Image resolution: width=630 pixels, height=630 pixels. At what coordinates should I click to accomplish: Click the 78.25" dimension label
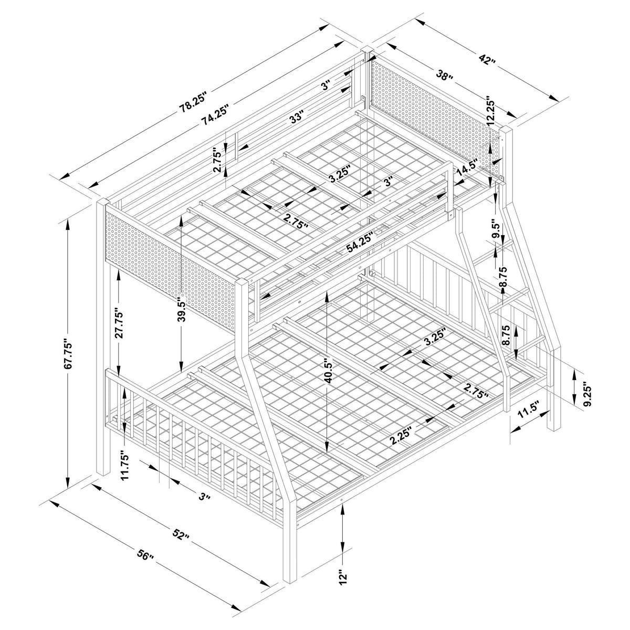coord(194,103)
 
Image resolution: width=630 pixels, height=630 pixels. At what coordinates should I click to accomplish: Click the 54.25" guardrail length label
coord(359,244)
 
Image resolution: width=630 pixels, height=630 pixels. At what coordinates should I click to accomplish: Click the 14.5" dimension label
coord(467,167)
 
